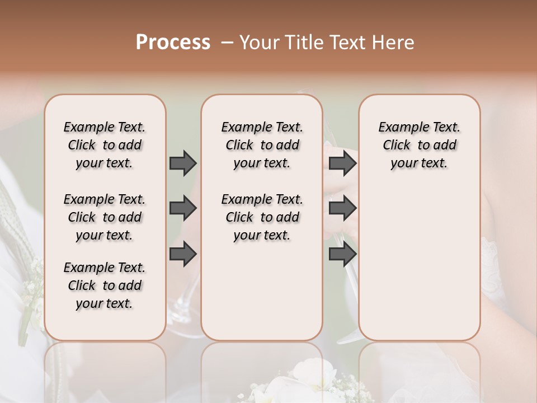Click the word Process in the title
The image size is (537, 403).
click(x=173, y=43)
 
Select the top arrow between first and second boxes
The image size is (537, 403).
click(x=183, y=163)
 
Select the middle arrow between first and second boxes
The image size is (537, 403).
click(x=183, y=209)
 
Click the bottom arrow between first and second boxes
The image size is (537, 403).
click(x=183, y=254)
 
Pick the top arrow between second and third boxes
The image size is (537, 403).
click(x=342, y=163)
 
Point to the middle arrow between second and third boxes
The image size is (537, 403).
click(x=342, y=209)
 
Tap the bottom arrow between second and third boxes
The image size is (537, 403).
click(x=342, y=254)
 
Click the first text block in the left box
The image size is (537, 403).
click(x=105, y=145)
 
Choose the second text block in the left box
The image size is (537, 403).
click(x=105, y=217)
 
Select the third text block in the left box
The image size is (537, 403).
click(x=105, y=285)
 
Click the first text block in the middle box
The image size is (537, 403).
click(x=262, y=145)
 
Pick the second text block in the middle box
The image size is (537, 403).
click(x=262, y=217)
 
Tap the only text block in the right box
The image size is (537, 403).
click(x=419, y=145)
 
